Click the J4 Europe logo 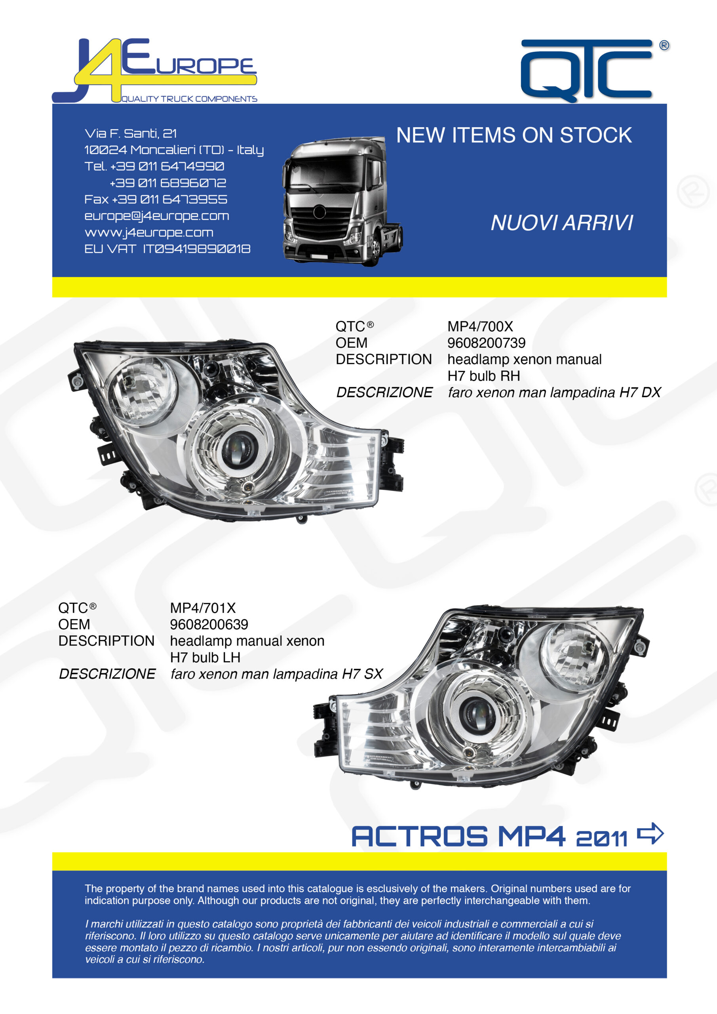click(154, 71)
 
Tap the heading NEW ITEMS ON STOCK click(514, 135)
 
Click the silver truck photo click(342, 201)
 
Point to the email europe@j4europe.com click(157, 216)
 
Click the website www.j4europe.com click(149, 233)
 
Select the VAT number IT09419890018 click(196, 249)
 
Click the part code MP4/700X click(480, 326)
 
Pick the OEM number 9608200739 click(487, 343)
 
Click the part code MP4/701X click(203, 608)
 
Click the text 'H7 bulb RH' click(484, 376)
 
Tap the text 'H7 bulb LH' click(205, 658)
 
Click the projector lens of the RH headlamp click(239, 448)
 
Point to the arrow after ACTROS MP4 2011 click(650, 833)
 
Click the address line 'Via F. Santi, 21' click(131, 133)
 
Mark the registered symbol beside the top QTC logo click(664, 45)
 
